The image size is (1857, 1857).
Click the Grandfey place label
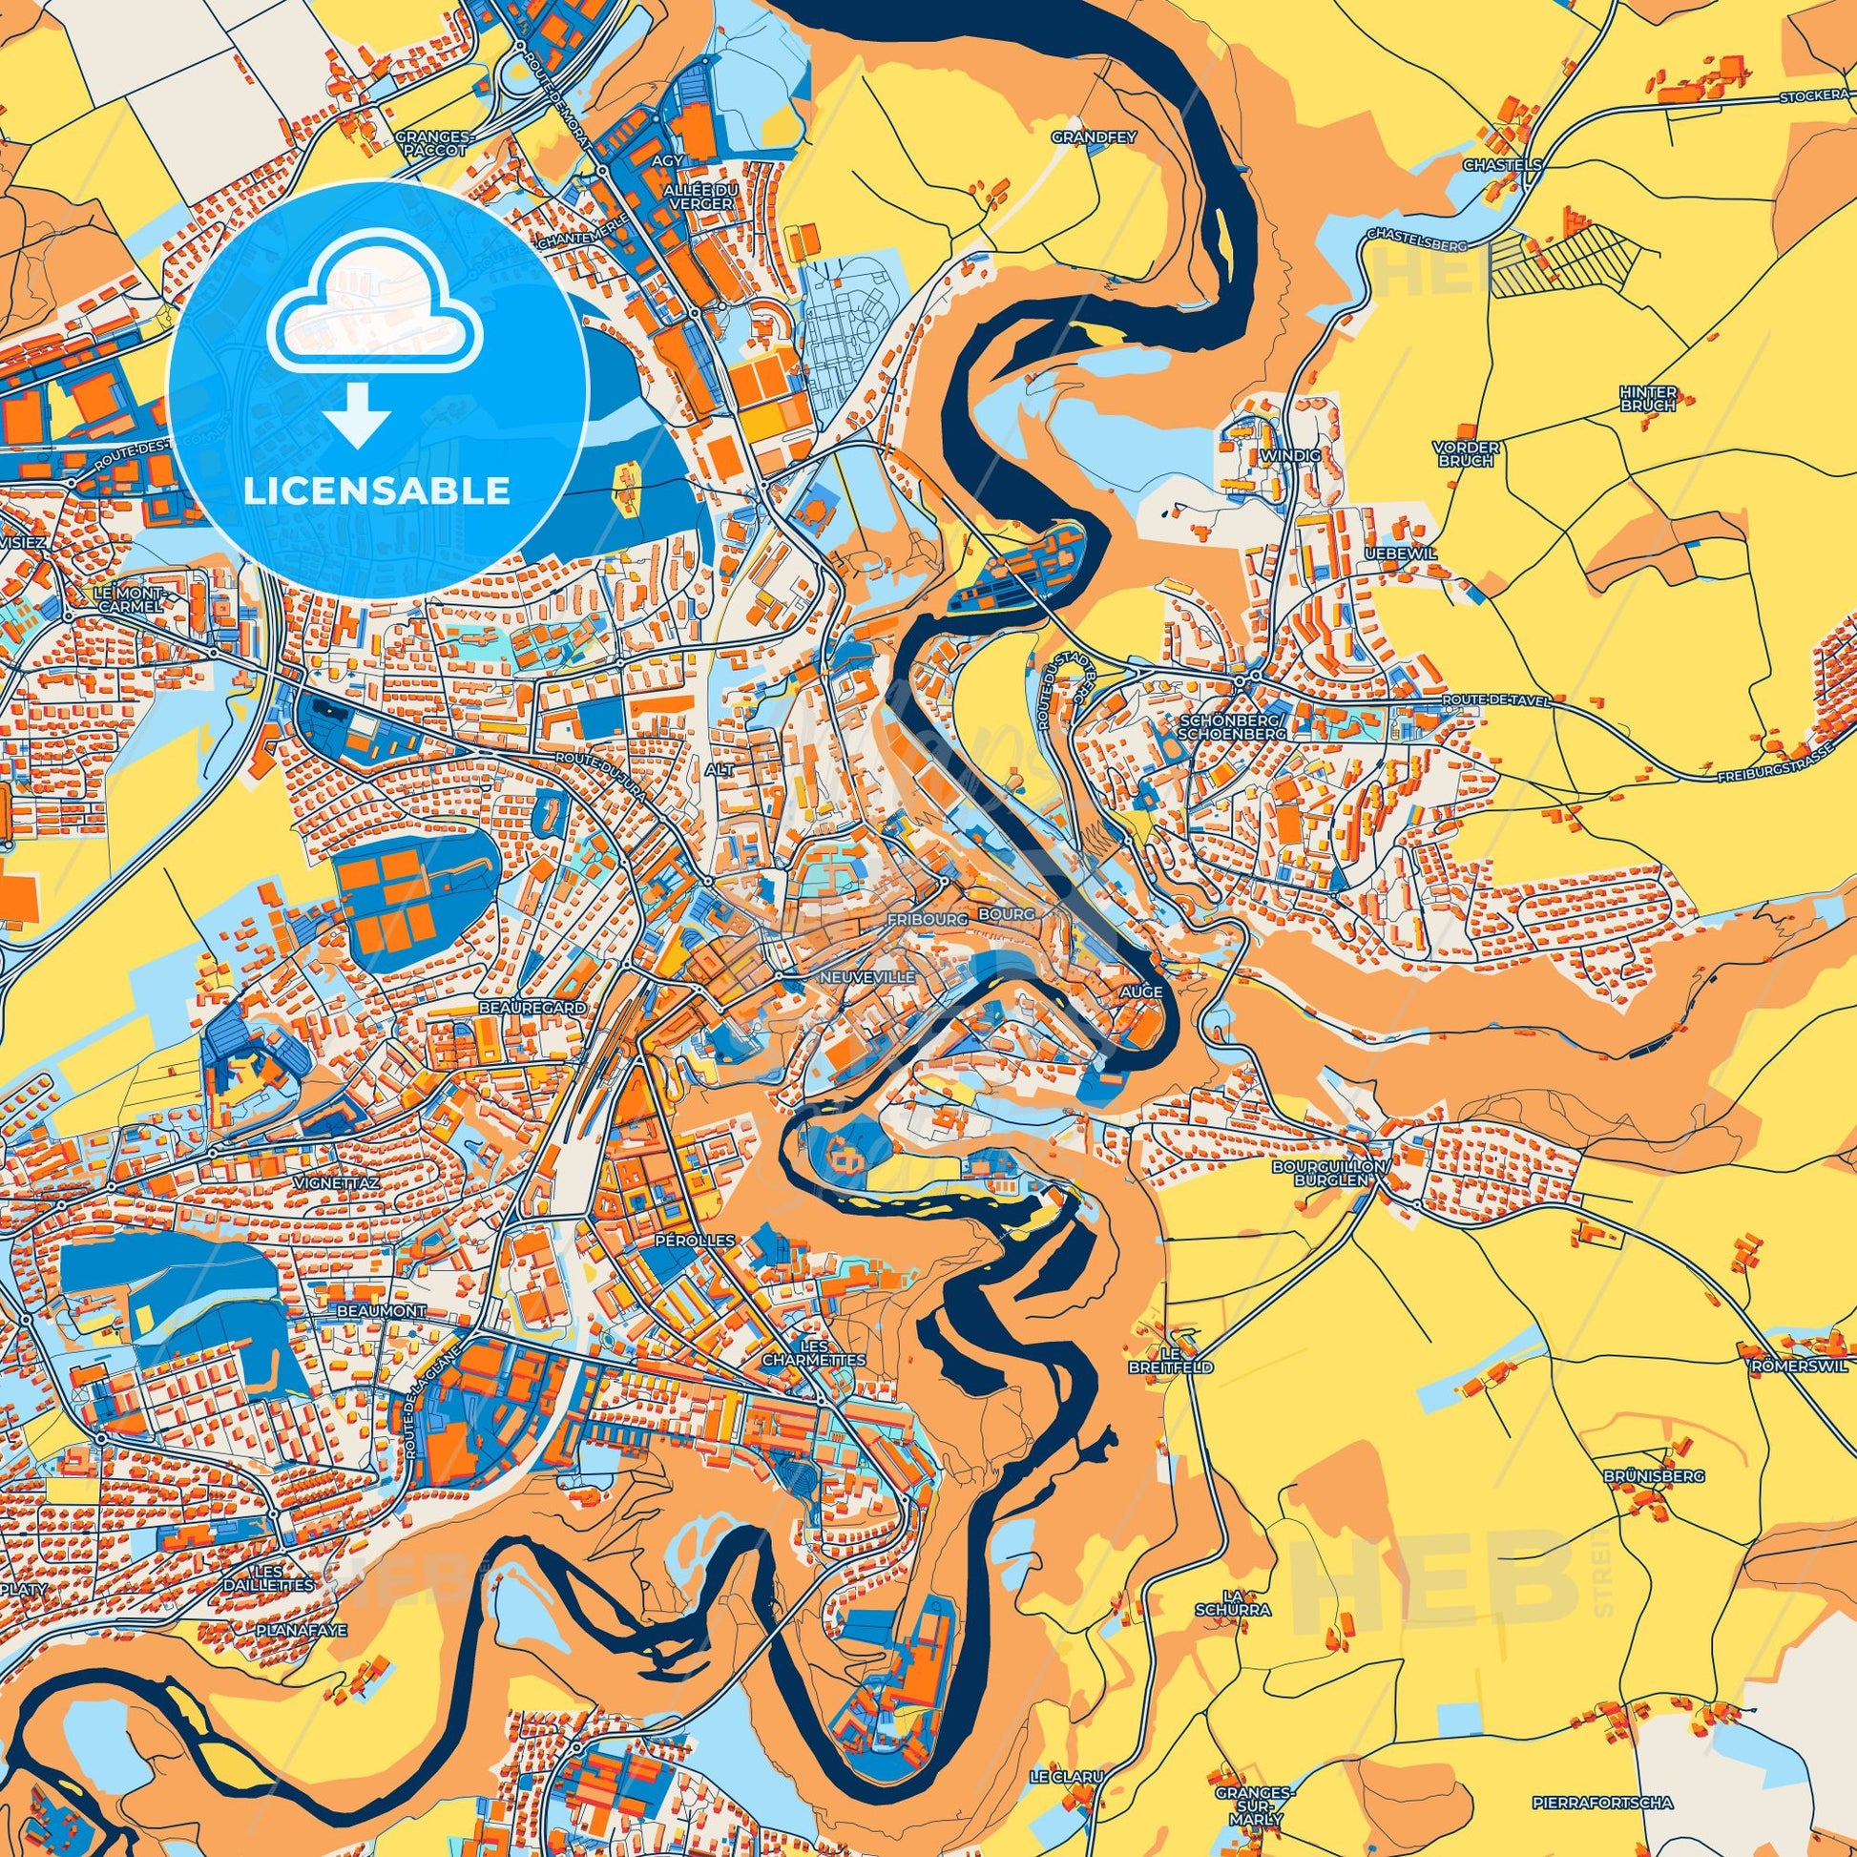tap(1093, 137)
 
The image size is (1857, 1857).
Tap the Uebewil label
tap(1393, 554)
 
